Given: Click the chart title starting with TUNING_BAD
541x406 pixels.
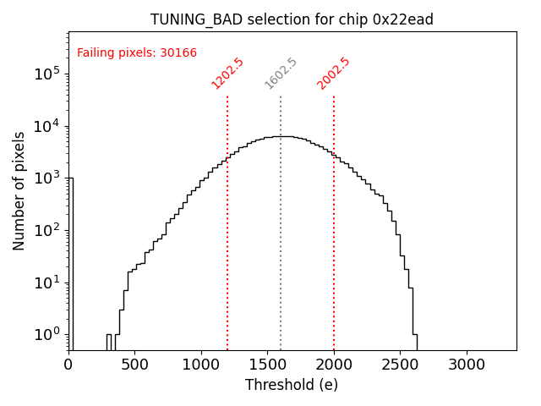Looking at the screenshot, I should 292,19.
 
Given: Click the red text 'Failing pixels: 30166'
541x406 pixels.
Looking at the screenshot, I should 137,53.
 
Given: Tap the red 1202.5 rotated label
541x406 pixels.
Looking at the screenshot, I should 227,74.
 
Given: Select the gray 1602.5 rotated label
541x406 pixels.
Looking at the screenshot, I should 281,74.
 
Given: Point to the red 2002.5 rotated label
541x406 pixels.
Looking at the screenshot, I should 334,74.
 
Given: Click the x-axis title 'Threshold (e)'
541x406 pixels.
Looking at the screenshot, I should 292,385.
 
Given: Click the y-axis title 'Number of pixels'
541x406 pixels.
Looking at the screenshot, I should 19,190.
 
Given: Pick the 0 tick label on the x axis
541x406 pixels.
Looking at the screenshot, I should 68,365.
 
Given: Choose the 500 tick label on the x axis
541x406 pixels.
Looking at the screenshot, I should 135,365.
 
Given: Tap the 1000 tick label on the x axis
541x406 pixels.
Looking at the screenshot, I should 201,365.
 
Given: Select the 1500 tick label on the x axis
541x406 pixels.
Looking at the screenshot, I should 267,365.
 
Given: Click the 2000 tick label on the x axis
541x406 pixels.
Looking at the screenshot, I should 334,365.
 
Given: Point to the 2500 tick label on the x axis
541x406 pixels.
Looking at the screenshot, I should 400,365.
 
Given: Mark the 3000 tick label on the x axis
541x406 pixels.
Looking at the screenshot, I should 466,365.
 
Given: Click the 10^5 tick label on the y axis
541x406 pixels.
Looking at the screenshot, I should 46,74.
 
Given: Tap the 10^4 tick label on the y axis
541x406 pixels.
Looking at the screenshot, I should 46,127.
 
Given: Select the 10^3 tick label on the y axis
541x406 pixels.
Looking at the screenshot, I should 46,178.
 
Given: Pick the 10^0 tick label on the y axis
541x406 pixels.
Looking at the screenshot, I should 46,335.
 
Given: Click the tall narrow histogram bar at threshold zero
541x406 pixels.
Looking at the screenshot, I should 71,262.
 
